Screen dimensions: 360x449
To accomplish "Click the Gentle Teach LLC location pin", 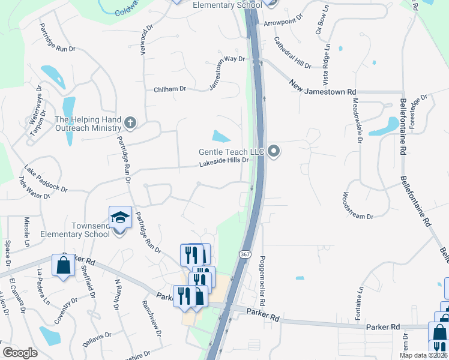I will [274, 151].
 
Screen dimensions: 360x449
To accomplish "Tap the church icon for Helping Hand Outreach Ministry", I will [130, 124].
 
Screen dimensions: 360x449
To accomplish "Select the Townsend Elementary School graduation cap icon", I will [120, 217].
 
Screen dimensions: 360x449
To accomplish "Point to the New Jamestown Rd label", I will [318, 88].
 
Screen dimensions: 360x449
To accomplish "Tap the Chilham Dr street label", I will [170, 89].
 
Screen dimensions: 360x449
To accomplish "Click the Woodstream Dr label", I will [358, 206].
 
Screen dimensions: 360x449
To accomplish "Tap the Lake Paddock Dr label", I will [46, 179].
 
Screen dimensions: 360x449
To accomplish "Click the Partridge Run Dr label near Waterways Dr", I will [58, 37].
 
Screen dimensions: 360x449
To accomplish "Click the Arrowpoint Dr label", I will [285, 22].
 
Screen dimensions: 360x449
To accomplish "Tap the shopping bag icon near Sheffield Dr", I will [63, 265].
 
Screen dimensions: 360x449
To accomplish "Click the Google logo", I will [20, 353].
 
